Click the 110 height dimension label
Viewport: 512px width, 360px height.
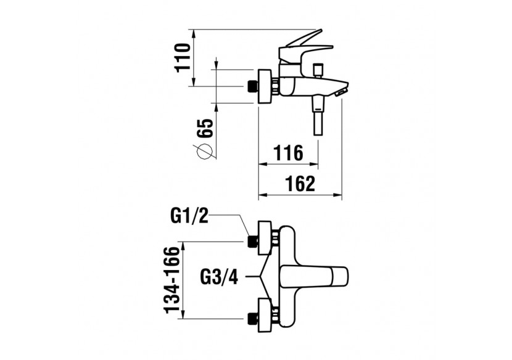pyautogui.click(x=181, y=58)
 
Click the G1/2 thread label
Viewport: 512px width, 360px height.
pyautogui.click(x=190, y=215)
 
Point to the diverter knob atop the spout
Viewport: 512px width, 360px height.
pyautogui.click(x=319, y=68)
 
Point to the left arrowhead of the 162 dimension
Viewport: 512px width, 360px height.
pyautogui.click(x=260, y=196)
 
